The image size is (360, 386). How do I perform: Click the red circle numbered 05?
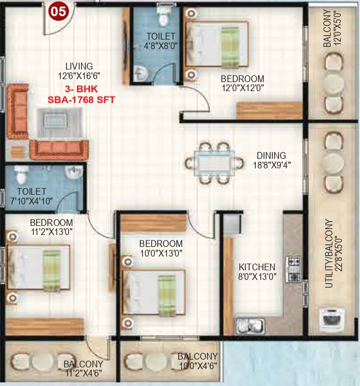point(58,10)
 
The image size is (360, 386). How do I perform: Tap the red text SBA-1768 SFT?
point(81,100)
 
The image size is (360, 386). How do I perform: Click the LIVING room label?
point(80,66)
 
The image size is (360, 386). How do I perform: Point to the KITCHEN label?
point(256,267)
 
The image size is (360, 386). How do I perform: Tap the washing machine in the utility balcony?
point(331,319)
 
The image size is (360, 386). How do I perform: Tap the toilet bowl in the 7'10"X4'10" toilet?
point(22,175)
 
